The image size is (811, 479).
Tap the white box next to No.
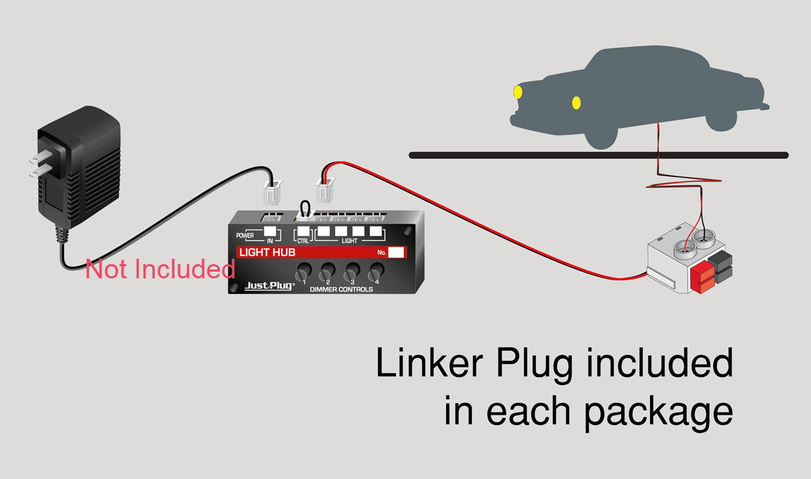click(x=397, y=253)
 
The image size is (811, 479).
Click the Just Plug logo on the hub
click(x=269, y=286)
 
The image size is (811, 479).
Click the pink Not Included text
click(x=160, y=270)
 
